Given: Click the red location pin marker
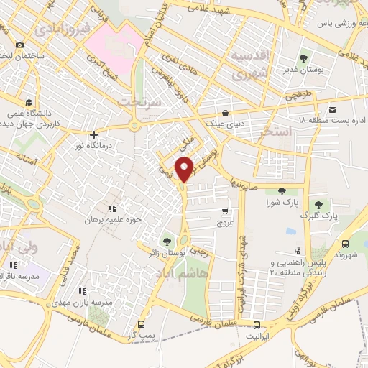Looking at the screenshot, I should [185, 169].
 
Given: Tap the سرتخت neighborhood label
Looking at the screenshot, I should [141, 101].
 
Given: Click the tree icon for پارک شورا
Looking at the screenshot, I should [281, 190].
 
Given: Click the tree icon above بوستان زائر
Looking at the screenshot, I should [167, 241].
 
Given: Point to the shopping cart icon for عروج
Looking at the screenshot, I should [226, 211].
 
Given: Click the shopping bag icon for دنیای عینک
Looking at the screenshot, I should [226, 113].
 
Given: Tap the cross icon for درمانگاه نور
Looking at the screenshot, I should [93, 134].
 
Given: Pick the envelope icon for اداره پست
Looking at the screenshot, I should [332, 109].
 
